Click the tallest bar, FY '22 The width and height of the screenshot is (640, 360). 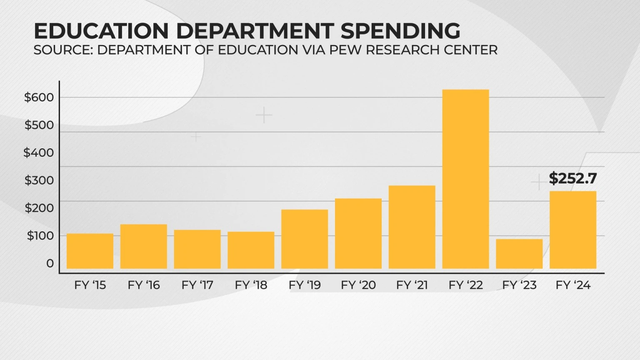465,179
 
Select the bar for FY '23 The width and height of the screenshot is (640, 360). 519,254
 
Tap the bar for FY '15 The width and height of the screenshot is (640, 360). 90,251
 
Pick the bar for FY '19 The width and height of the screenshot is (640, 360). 305,239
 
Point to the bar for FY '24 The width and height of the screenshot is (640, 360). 573,230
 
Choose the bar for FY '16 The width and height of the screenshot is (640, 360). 144,246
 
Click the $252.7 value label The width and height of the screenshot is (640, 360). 573,179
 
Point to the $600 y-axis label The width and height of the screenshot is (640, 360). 39,97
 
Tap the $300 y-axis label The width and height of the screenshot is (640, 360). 39,180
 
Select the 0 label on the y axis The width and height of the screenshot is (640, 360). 50,263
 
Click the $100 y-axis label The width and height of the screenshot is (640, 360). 40,236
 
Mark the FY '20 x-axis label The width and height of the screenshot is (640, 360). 358,285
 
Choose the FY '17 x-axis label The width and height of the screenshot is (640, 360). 197,285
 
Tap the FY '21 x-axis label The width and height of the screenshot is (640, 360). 412,285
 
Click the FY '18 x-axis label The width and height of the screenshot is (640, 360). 251,285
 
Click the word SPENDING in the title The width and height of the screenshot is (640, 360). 400,31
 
